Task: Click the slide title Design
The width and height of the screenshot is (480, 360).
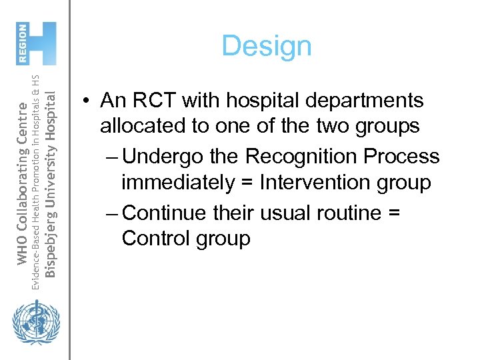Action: [x=266, y=46]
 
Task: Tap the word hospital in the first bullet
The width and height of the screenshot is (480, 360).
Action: [x=259, y=101]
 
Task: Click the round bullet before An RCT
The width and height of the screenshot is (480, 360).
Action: [x=87, y=101]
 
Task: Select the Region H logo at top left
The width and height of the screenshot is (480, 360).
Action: [x=37, y=43]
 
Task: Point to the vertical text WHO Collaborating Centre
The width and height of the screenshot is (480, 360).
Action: [x=22, y=182]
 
